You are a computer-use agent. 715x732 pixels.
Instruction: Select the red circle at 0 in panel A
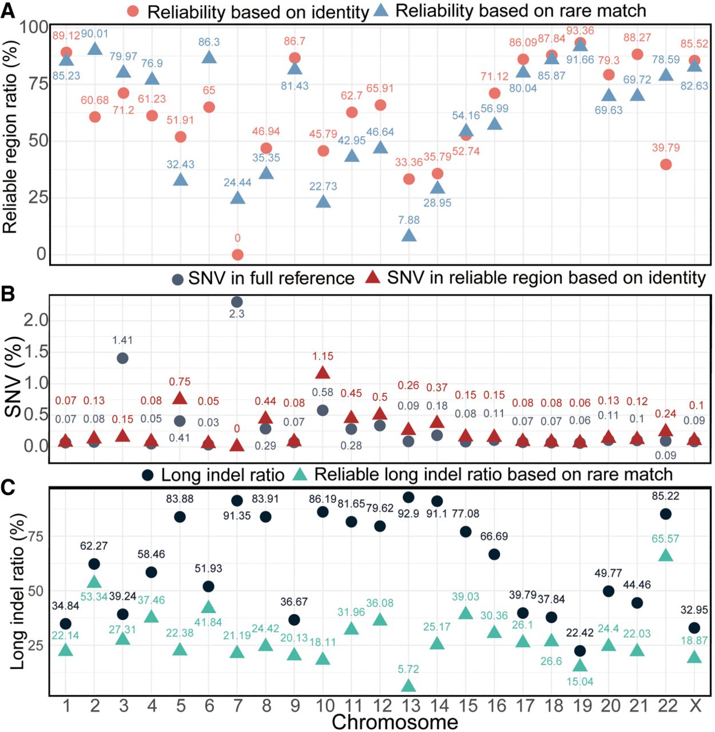[x=237, y=254]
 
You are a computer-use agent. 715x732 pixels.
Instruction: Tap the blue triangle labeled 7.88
[x=409, y=235]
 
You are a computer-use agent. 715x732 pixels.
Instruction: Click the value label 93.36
[x=580, y=31]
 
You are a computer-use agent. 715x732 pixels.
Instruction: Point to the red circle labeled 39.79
[x=666, y=165]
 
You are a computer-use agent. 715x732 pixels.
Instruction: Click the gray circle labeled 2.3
[x=237, y=301]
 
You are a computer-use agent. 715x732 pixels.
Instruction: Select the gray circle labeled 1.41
[x=122, y=358]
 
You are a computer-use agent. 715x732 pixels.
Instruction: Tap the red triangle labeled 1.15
[x=323, y=373]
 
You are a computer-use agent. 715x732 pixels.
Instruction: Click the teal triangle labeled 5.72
[x=408, y=686]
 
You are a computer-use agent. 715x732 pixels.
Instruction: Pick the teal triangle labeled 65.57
[x=666, y=555]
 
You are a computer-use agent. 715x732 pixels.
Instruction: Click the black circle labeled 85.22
[x=666, y=514]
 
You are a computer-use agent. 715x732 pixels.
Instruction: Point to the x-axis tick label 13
[x=410, y=706]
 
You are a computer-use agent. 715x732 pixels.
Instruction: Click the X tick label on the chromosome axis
[x=695, y=706]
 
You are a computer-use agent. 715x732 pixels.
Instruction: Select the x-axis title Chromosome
[x=395, y=722]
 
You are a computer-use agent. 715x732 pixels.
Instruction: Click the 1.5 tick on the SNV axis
[x=35, y=352]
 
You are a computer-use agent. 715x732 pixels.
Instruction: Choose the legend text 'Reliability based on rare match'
[x=521, y=10]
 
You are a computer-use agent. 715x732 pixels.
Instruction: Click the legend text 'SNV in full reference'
[x=271, y=279]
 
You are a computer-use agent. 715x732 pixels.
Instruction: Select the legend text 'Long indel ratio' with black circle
[x=223, y=475]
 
